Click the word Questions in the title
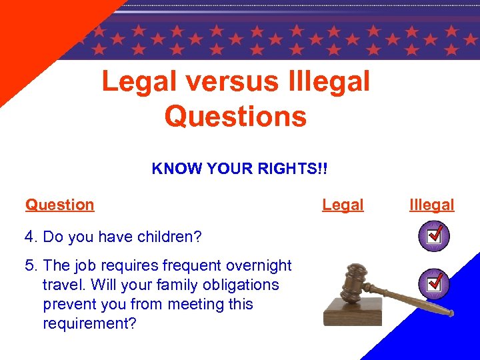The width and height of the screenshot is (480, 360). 235,116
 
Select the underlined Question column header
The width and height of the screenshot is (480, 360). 60,205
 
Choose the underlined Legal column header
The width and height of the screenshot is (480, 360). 343,205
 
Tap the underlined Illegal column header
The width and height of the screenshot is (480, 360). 432,205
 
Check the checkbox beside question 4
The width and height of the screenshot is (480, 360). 434,236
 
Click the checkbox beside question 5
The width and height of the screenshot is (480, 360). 434,283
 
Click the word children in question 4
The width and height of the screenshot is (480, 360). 169,237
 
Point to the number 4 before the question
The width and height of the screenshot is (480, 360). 29,237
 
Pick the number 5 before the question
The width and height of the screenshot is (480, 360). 29,265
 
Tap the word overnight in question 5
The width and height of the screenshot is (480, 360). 260,265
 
